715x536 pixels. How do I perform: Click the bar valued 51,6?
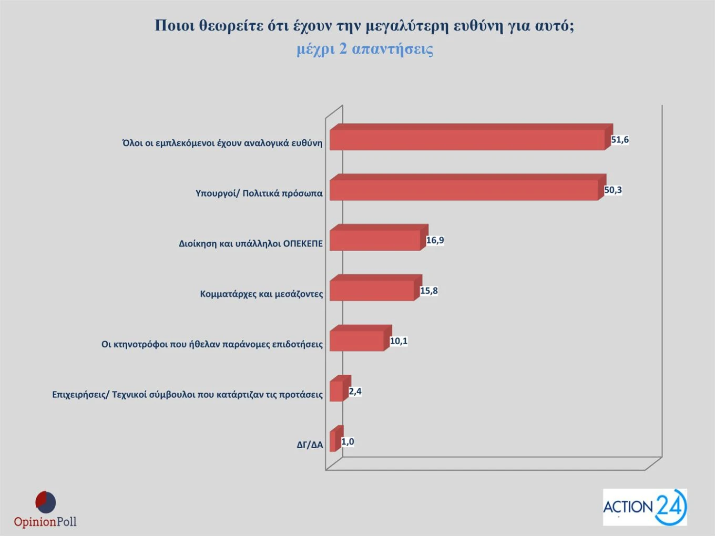(x=467, y=140)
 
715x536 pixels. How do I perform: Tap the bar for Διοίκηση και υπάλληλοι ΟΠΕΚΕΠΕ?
(x=375, y=240)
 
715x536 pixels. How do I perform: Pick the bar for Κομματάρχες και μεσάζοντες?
(x=372, y=290)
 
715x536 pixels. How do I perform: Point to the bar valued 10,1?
(x=356, y=341)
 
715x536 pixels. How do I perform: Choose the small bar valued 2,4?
(x=336, y=391)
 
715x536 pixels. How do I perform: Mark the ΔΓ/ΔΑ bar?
(x=333, y=441)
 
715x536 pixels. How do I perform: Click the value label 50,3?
(x=613, y=190)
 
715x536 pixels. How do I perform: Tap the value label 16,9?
(x=435, y=241)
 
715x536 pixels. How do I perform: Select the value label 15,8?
(x=429, y=291)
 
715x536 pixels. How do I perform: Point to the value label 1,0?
(x=348, y=442)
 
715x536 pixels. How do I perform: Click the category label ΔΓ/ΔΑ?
(x=310, y=445)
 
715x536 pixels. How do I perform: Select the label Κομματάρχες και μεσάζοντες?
(x=261, y=294)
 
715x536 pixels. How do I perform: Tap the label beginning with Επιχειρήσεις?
(x=187, y=395)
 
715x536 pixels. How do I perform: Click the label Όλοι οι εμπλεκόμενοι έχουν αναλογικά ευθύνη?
(x=222, y=143)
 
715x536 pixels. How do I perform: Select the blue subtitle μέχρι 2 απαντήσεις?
(x=365, y=49)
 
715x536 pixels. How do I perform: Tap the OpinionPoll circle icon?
(x=46, y=502)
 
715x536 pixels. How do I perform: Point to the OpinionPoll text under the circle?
(x=45, y=522)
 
